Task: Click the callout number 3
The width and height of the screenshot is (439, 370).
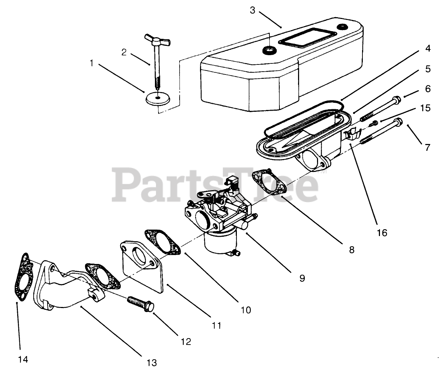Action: [x=253, y=10]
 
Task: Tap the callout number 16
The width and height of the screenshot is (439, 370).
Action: [x=382, y=233]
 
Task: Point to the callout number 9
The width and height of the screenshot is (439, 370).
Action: [x=302, y=278]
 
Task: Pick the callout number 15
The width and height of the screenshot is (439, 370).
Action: [x=425, y=108]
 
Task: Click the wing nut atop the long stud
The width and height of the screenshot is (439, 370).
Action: [x=153, y=38]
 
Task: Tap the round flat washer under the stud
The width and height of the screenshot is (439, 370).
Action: [x=157, y=98]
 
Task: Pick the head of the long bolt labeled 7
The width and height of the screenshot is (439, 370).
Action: [x=398, y=122]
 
